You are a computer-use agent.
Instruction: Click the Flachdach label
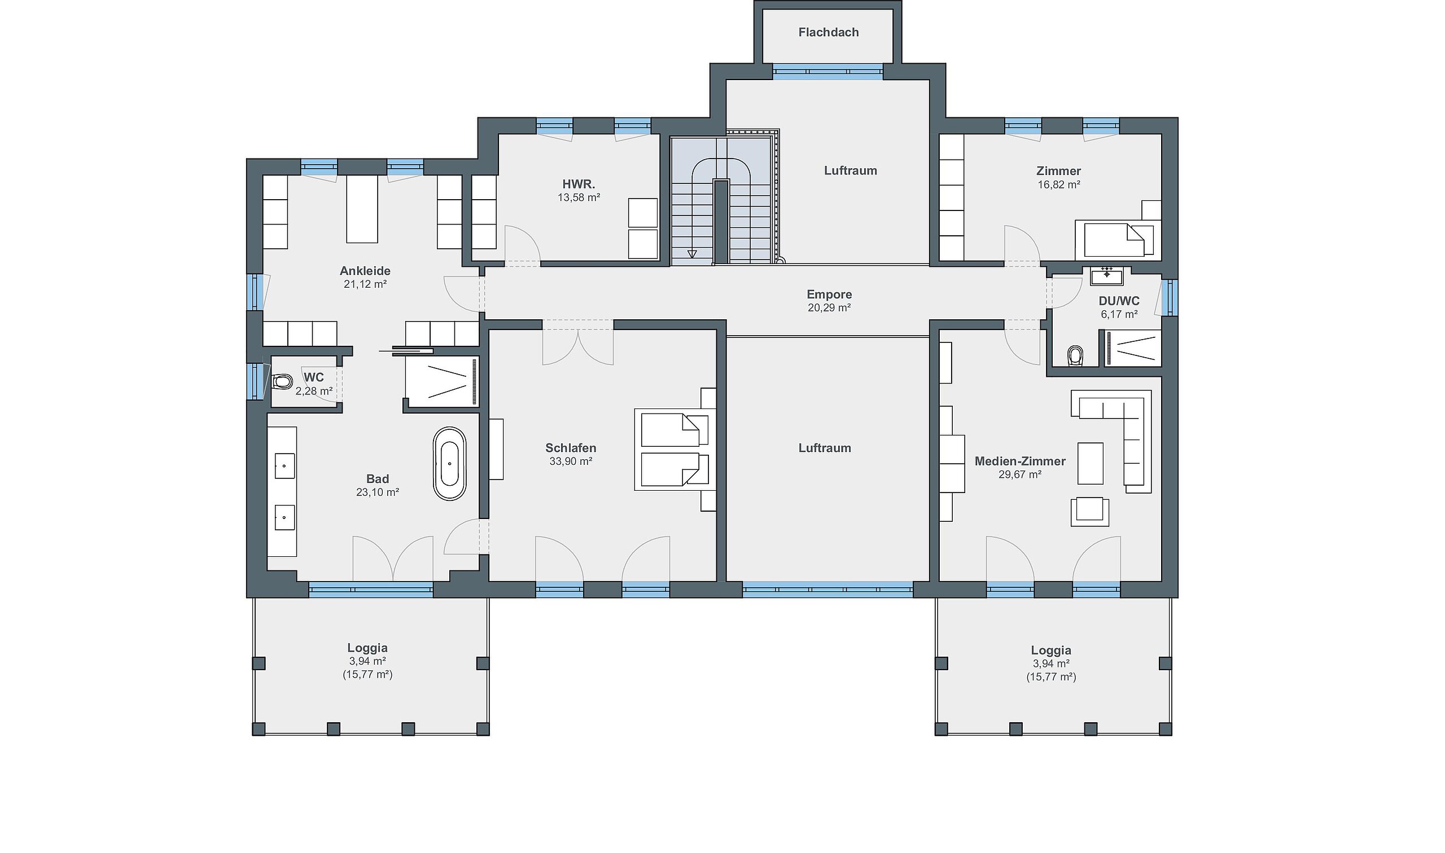(829, 32)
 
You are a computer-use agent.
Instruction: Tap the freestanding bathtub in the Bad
(450, 463)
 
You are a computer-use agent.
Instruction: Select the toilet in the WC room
(282, 381)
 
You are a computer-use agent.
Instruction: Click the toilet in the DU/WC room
(1074, 356)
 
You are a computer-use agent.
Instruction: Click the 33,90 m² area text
(571, 461)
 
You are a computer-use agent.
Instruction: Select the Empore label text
(829, 294)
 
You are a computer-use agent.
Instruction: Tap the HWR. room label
(579, 184)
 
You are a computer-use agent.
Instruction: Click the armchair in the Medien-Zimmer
(1089, 512)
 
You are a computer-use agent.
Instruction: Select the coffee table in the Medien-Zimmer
(1090, 463)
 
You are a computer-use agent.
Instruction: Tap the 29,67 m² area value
(1020, 474)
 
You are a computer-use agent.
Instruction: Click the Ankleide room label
(365, 271)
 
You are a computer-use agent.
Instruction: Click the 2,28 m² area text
(314, 391)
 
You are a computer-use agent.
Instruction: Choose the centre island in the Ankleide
(362, 209)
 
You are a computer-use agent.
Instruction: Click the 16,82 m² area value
(1058, 184)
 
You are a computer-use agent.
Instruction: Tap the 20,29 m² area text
(829, 307)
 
